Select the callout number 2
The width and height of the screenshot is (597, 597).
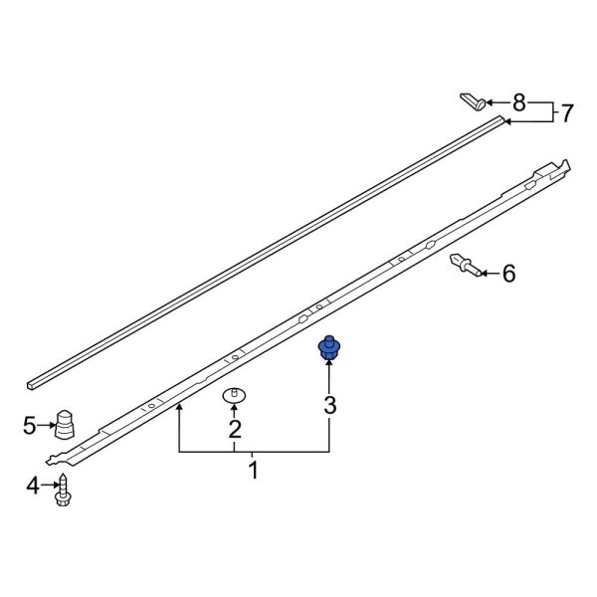235,430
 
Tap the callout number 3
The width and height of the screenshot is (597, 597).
329,405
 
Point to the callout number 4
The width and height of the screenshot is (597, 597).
33,487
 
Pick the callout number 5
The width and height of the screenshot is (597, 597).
31,427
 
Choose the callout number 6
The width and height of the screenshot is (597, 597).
508,272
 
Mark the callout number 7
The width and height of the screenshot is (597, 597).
566,113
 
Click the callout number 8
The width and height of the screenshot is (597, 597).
518,101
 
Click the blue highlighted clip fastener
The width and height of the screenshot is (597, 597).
328,349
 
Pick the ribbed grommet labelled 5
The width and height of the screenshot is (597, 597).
67,424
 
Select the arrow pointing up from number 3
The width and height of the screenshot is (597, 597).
329,378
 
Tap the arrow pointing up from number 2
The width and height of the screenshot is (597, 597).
235,410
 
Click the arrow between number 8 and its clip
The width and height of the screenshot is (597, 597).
498,101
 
